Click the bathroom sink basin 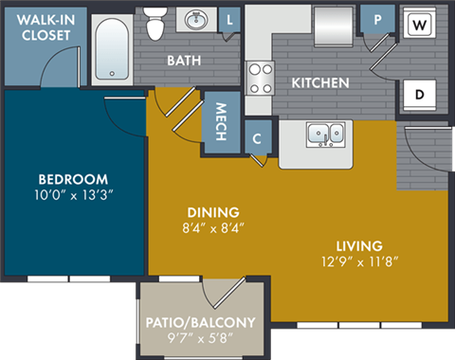tap(198, 20)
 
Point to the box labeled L tap(230, 19)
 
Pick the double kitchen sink tap(325, 134)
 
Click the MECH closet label tap(220, 121)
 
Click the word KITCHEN tap(319, 83)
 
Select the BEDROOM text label tap(73, 179)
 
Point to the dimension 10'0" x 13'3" tap(73, 196)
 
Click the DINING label tap(212, 211)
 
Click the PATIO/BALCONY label tap(201, 322)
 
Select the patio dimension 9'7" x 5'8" tap(201, 338)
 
